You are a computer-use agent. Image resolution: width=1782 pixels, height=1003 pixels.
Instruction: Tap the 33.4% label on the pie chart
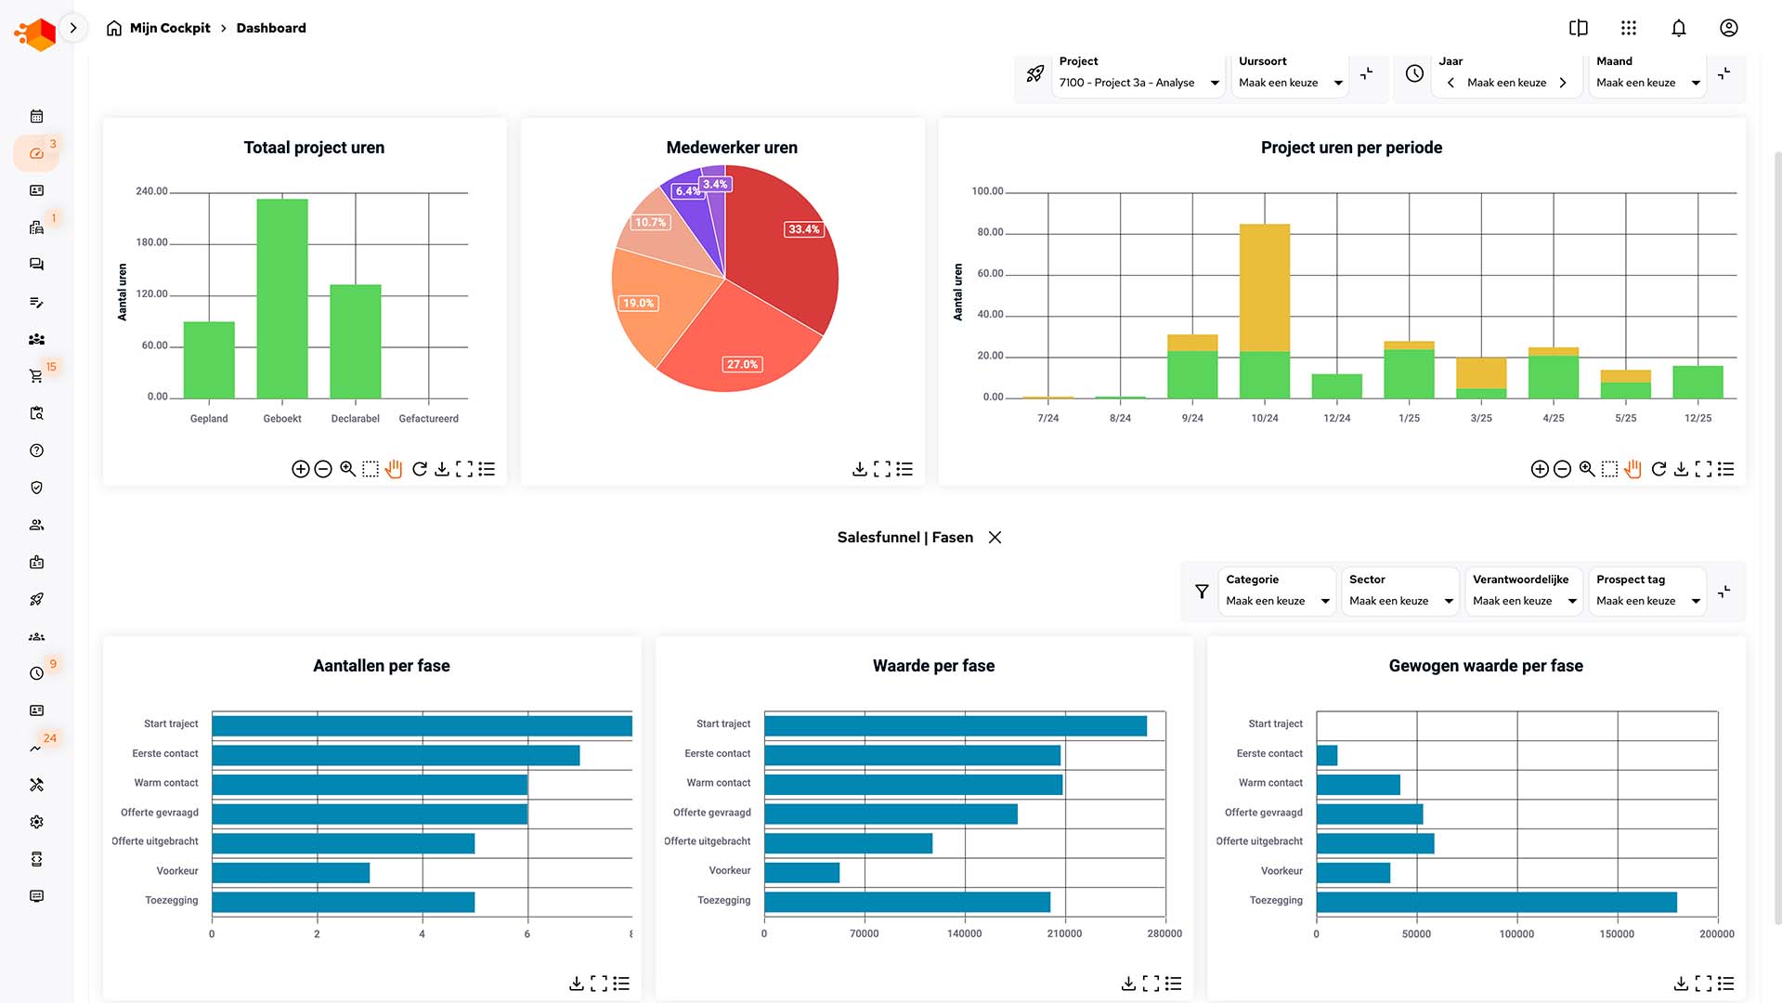point(804,229)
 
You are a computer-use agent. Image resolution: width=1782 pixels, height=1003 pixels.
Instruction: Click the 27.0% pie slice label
point(742,364)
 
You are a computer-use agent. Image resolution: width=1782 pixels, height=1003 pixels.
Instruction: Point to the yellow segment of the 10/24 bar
point(1264,287)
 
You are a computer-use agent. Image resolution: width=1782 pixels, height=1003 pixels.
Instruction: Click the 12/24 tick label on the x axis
point(1336,419)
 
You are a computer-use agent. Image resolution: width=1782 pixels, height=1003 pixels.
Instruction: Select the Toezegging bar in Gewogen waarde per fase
point(1496,902)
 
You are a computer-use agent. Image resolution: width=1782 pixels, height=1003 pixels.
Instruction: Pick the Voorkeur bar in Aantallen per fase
point(291,873)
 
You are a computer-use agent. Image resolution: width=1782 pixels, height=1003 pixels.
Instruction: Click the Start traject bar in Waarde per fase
point(955,725)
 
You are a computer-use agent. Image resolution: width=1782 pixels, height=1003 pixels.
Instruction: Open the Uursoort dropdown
point(1291,83)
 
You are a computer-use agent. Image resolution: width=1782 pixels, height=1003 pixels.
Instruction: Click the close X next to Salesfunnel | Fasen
point(995,538)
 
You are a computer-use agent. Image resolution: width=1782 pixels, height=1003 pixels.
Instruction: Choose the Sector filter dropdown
point(1400,601)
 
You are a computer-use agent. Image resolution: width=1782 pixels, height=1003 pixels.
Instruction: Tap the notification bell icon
point(1678,28)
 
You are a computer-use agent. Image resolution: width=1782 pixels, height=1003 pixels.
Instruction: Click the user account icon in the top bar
point(1728,28)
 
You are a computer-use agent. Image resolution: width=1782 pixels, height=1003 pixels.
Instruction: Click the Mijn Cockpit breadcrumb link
point(170,28)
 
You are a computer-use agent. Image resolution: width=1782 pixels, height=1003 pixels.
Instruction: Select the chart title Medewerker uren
point(732,148)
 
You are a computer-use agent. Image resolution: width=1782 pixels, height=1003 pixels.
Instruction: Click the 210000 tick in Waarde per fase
point(1064,934)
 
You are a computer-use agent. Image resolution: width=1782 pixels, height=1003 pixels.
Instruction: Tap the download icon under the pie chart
point(859,469)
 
